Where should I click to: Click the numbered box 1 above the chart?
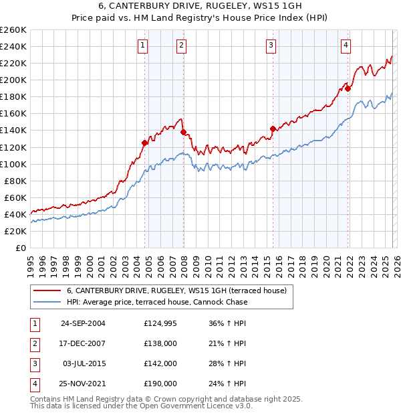coord(144,46)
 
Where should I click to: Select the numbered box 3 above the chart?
coord(271,46)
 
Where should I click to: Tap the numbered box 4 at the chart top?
coord(346,46)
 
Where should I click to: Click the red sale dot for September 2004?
coord(144,143)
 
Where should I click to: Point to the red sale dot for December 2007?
coord(183,132)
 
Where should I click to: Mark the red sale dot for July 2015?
coord(273,129)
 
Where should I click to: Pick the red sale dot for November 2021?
coord(348,88)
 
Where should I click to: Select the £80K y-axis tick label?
coord(15,181)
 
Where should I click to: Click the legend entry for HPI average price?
coord(156,302)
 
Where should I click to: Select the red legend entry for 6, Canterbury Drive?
coord(176,290)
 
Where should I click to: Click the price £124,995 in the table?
coord(160,323)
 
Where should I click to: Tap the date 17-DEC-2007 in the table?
coord(83,343)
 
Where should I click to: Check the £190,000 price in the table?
coord(160,384)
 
